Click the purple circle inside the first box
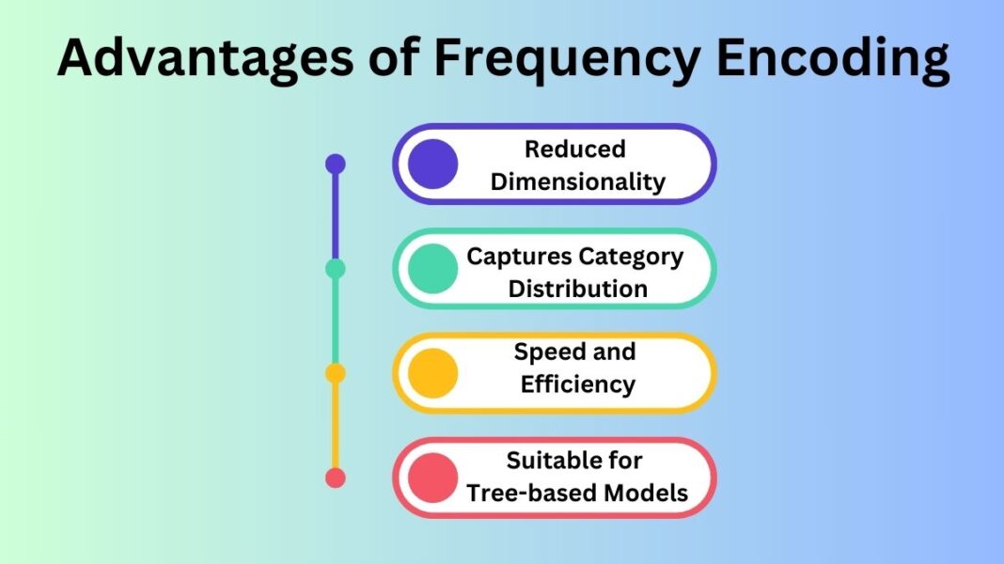point(433,164)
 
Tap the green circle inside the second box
point(433,269)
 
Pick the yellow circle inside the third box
point(433,373)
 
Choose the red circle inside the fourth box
point(433,478)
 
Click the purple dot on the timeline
point(336,164)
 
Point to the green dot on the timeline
point(336,269)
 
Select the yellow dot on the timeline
point(336,373)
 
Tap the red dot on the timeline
point(336,478)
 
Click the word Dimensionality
point(577,181)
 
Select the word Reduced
point(574,149)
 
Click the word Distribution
point(577,289)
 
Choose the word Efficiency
point(577,384)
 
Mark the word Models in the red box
point(646,493)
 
